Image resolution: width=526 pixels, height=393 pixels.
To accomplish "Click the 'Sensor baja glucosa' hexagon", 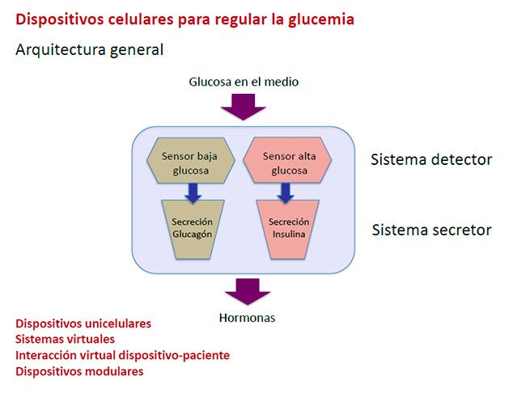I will click(x=189, y=163).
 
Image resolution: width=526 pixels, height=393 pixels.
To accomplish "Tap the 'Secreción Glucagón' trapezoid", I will click(x=191, y=229).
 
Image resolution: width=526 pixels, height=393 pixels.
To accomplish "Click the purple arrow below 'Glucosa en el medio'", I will click(x=244, y=106).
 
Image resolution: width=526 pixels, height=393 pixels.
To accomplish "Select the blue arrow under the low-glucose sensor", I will click(x=192, y=193).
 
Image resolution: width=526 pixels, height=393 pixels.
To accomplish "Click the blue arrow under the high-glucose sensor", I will click(x=285, y=193).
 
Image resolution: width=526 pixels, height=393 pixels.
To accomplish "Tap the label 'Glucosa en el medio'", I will click(x=244, y=82).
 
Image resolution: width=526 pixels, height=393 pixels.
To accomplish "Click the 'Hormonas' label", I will click(x=247, y=318).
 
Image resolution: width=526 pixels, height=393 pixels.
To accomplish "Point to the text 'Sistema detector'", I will click(x=431, y=159).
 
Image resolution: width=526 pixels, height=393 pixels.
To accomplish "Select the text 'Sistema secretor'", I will click(x=431, y=230).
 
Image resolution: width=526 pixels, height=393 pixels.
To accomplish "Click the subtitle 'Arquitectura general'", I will click(x=90, y=50).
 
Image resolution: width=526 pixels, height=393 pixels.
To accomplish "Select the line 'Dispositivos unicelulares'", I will click(x=83, y=323).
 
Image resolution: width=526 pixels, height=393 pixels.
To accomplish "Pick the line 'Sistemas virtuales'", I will click(x=66, y=340).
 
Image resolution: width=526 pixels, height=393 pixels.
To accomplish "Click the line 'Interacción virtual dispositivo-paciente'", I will click(x=122, y=355).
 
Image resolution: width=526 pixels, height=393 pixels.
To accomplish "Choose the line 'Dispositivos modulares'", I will click(x=79, y=371).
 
